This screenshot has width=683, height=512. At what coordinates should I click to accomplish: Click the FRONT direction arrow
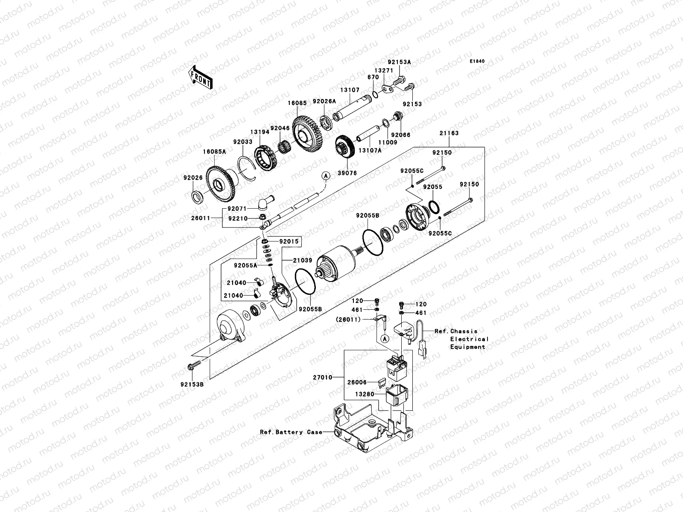201,77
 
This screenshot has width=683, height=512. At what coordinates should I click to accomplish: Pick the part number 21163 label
449,133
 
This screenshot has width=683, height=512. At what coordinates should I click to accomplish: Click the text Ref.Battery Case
291,432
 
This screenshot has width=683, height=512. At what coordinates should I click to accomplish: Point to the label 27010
323,377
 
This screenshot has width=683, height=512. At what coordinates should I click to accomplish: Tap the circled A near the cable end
325,175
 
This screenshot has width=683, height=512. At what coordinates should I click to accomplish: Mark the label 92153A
399,62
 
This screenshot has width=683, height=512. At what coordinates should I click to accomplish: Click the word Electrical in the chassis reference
469,339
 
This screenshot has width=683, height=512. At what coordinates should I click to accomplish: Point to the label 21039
302,260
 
